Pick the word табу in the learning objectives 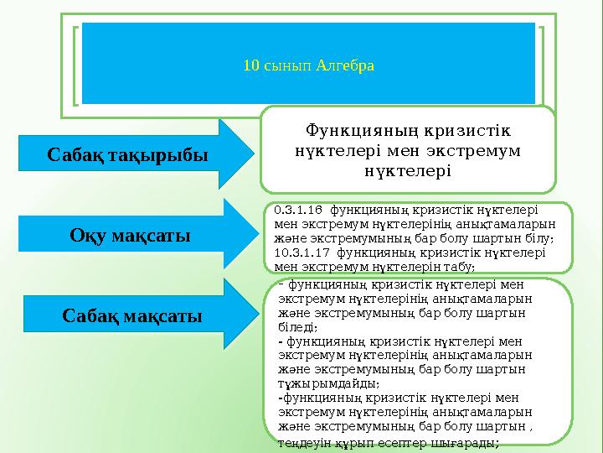(x=461, y=265)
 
